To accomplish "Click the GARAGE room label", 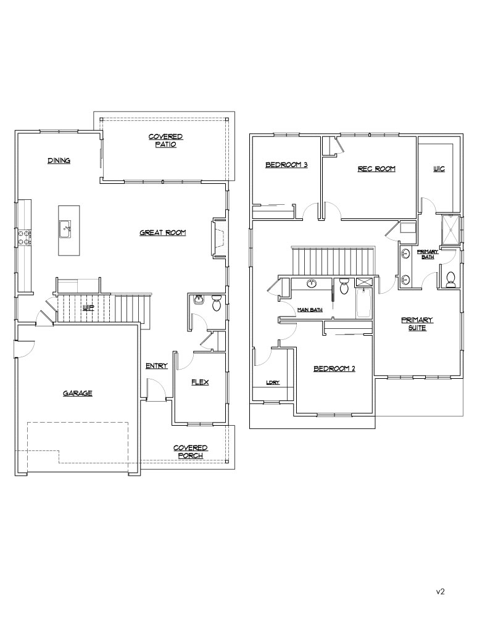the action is tap(78, 393).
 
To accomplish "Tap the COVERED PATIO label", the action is tap(166, 141).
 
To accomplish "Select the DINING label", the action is tap(59, 160).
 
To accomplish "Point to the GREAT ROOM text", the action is tap(162, 233).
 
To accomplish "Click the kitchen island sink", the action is tap(65, 230).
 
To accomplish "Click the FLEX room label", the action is tap(200, 382).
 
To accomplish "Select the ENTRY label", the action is tap(157, 366).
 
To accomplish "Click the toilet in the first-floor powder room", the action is tap(217, 304).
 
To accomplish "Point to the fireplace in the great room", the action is tap(219, 238).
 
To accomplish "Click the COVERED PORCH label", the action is tap(191, 452).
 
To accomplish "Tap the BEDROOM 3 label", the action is tap(286, 165).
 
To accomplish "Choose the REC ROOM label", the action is tap(376, 169).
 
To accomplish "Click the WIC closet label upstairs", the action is tap(439, 169).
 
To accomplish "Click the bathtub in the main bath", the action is tap(364, 303).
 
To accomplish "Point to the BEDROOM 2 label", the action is tap(334, 369).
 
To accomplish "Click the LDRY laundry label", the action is tap(273, 383).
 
